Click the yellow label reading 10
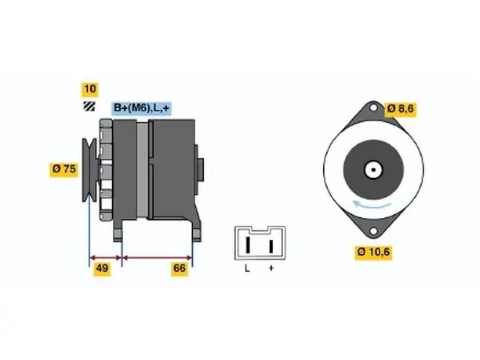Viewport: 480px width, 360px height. [89, 89]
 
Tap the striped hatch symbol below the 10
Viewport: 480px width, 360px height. [89, 106]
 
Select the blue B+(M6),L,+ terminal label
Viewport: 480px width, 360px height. [141, 108]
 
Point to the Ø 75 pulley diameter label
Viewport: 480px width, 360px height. [64, 169]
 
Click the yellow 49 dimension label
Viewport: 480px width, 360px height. [102, 268]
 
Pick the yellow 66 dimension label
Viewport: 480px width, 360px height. [180, 268]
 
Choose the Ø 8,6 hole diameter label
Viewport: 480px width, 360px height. [401, 109]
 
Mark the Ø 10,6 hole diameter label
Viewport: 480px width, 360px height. [373, 253]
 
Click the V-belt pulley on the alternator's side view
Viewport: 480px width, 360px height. [89, 170]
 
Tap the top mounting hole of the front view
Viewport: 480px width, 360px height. [373, 107]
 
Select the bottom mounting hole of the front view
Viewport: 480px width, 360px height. [373, 231]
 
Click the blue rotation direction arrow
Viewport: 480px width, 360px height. [371, 205]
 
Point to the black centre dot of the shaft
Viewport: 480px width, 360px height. [373, 170]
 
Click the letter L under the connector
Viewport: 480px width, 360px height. [247, 268]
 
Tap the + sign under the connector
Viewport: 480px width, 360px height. [271, 268]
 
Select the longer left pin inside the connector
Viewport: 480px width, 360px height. [249, 244]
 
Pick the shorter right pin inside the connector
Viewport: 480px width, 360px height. [271, 246]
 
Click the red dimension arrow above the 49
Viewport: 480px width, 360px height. [106, 257]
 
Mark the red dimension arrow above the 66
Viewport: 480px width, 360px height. [157, 257]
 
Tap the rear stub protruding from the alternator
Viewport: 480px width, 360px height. [201, 169]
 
